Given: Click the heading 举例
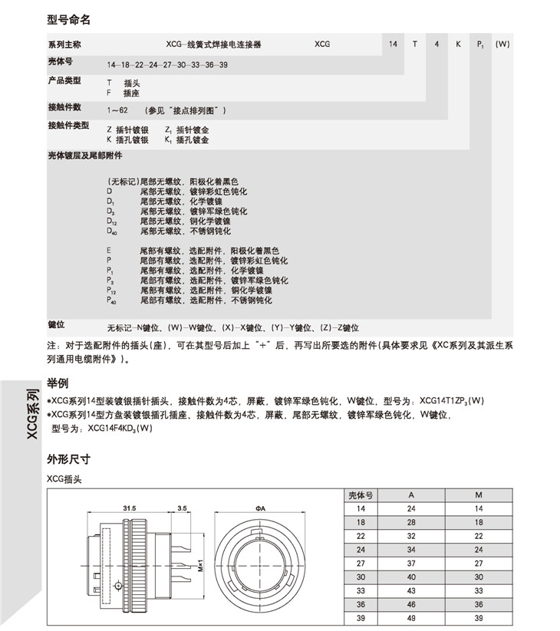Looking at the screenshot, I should tap(58, 383).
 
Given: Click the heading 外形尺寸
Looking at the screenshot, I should tap(68, 460).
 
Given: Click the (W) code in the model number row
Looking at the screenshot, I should tap(502, 44).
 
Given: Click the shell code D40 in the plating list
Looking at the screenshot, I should tap(112, 231).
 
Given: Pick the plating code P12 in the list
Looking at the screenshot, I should tap(112, 291).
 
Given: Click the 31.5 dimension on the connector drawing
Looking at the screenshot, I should tap(130, 508).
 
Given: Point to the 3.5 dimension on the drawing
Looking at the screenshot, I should tap(182, 508).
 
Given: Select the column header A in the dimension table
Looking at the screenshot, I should tap(411, 496).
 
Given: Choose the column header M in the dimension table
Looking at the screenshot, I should tap(479, 496).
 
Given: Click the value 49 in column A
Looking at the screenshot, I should tap(411, 618).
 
